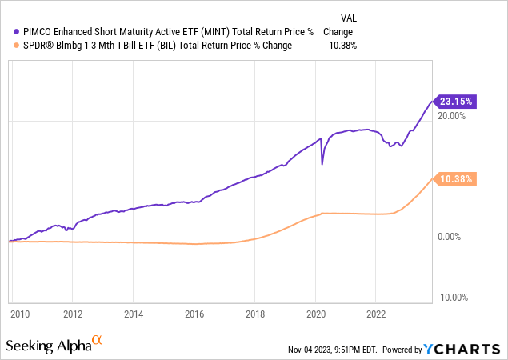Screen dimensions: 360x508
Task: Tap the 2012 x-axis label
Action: (x=73, y=314)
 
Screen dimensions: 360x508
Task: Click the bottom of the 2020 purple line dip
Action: (x=322, y=165)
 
